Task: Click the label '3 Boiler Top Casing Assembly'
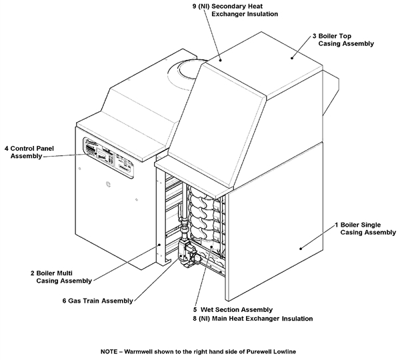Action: (341, 39)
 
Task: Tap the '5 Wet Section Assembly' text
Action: (233, 310)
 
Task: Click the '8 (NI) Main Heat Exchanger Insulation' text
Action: (253, 319)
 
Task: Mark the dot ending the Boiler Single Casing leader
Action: (301, 248)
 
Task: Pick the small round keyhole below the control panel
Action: (109, 181)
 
